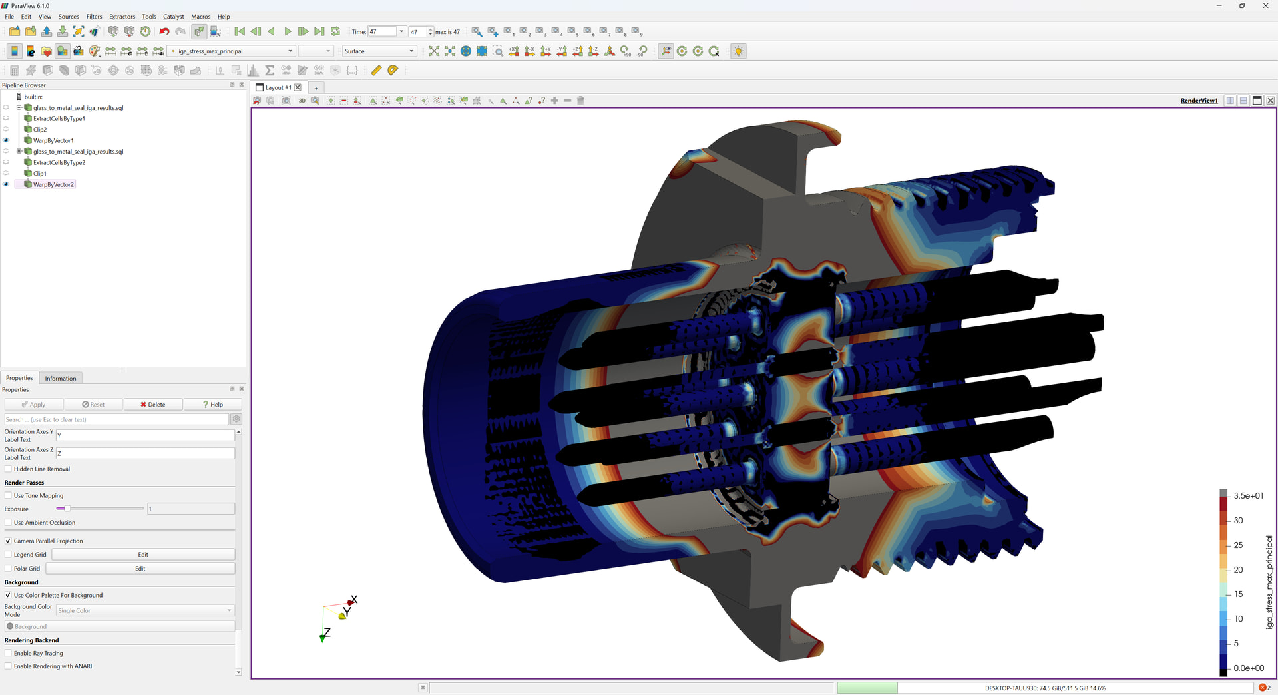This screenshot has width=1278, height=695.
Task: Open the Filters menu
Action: [94, 17]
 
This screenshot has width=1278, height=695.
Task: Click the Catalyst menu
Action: [173, 17]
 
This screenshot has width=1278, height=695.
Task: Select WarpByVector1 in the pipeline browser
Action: [53, 140]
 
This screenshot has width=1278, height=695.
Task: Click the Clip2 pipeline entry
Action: [40, 130]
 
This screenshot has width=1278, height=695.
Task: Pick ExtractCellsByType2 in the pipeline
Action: [59, 162]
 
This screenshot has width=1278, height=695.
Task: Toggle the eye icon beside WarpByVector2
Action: [7, 184]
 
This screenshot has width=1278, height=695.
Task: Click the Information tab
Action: [61, 379]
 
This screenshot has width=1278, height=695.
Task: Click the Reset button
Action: [93, 405]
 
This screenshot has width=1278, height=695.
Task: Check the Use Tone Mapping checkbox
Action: [9, 496]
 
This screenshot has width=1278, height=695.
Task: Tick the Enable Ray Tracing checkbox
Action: [9, 654]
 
